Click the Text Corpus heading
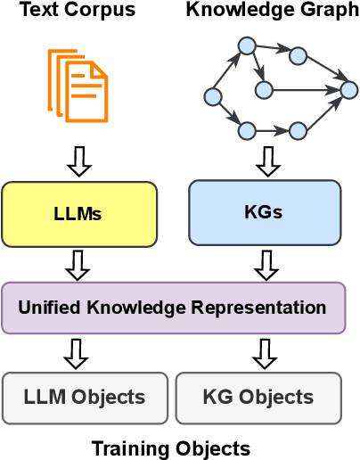[78, 11]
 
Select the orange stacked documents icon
[78, 85]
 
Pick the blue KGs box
[265, 213]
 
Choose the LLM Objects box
[86, 398]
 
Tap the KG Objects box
[258, 398]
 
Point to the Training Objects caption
[171, 448]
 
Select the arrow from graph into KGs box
[266, 160]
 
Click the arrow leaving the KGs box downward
[266, 264]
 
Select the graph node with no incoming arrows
[212, 95]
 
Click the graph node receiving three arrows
[348, 89]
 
